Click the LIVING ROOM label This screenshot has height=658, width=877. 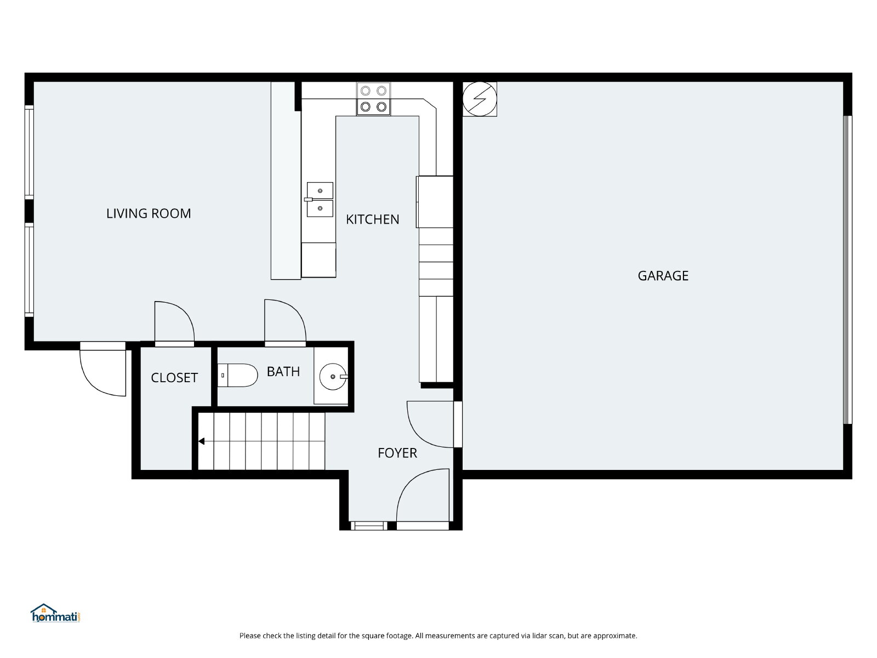[x=148, y=213]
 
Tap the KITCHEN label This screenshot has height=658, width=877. [x=372, y=219]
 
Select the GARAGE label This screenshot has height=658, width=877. [x=663, y=276]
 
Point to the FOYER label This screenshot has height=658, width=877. [x=397, y=453]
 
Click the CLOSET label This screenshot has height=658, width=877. [x=174, y=378]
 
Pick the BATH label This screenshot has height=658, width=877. [x=283, y=372]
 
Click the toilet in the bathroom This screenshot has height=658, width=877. [x=237, y=375]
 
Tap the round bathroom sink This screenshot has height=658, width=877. [x=333, y=376]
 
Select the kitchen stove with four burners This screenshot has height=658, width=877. [x=373, y=99]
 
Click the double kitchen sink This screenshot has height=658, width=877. [x=319, y=200]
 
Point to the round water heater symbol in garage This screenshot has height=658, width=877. [x=480, y=99]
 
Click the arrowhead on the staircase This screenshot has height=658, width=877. [x=201, y=441]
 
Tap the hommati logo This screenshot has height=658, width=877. [x=55, y=613]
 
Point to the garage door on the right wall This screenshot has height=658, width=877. [x=847, y=270]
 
